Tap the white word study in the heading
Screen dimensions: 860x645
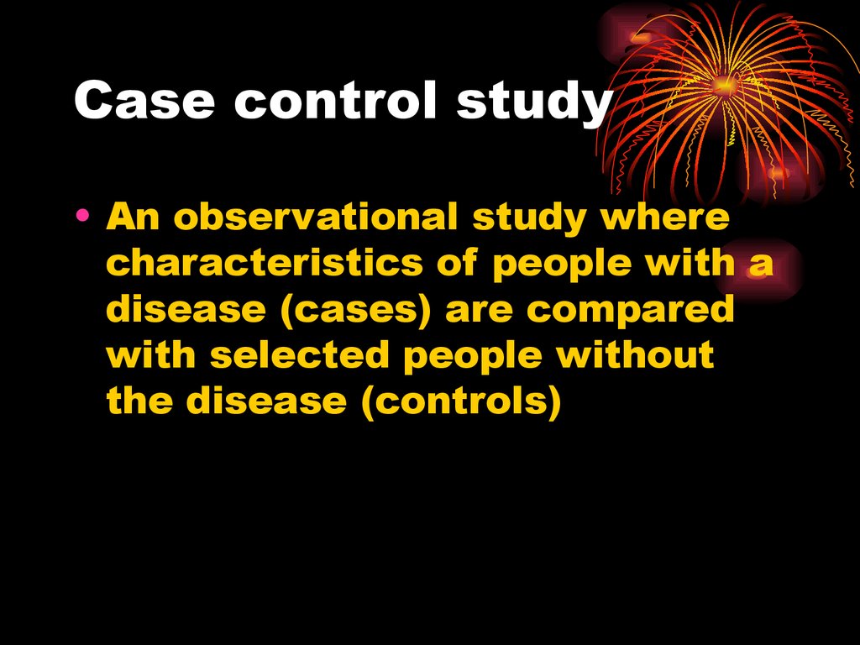click(x=534, y=102)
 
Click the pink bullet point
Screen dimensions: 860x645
click(x=82, y=214)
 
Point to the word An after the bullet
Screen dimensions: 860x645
click(x=133, y=217)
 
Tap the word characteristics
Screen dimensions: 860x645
click(x=265, y=262)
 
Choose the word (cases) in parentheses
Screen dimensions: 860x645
click(x=355, y=310)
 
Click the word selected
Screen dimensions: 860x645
click(x=300, y=355)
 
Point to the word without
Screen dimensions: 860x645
click(x=635, y=355)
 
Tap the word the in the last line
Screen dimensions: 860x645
click(x=139, y=401)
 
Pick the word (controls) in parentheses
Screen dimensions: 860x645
click(x=462, y=402)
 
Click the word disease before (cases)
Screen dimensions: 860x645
click(x=186, y=309)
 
